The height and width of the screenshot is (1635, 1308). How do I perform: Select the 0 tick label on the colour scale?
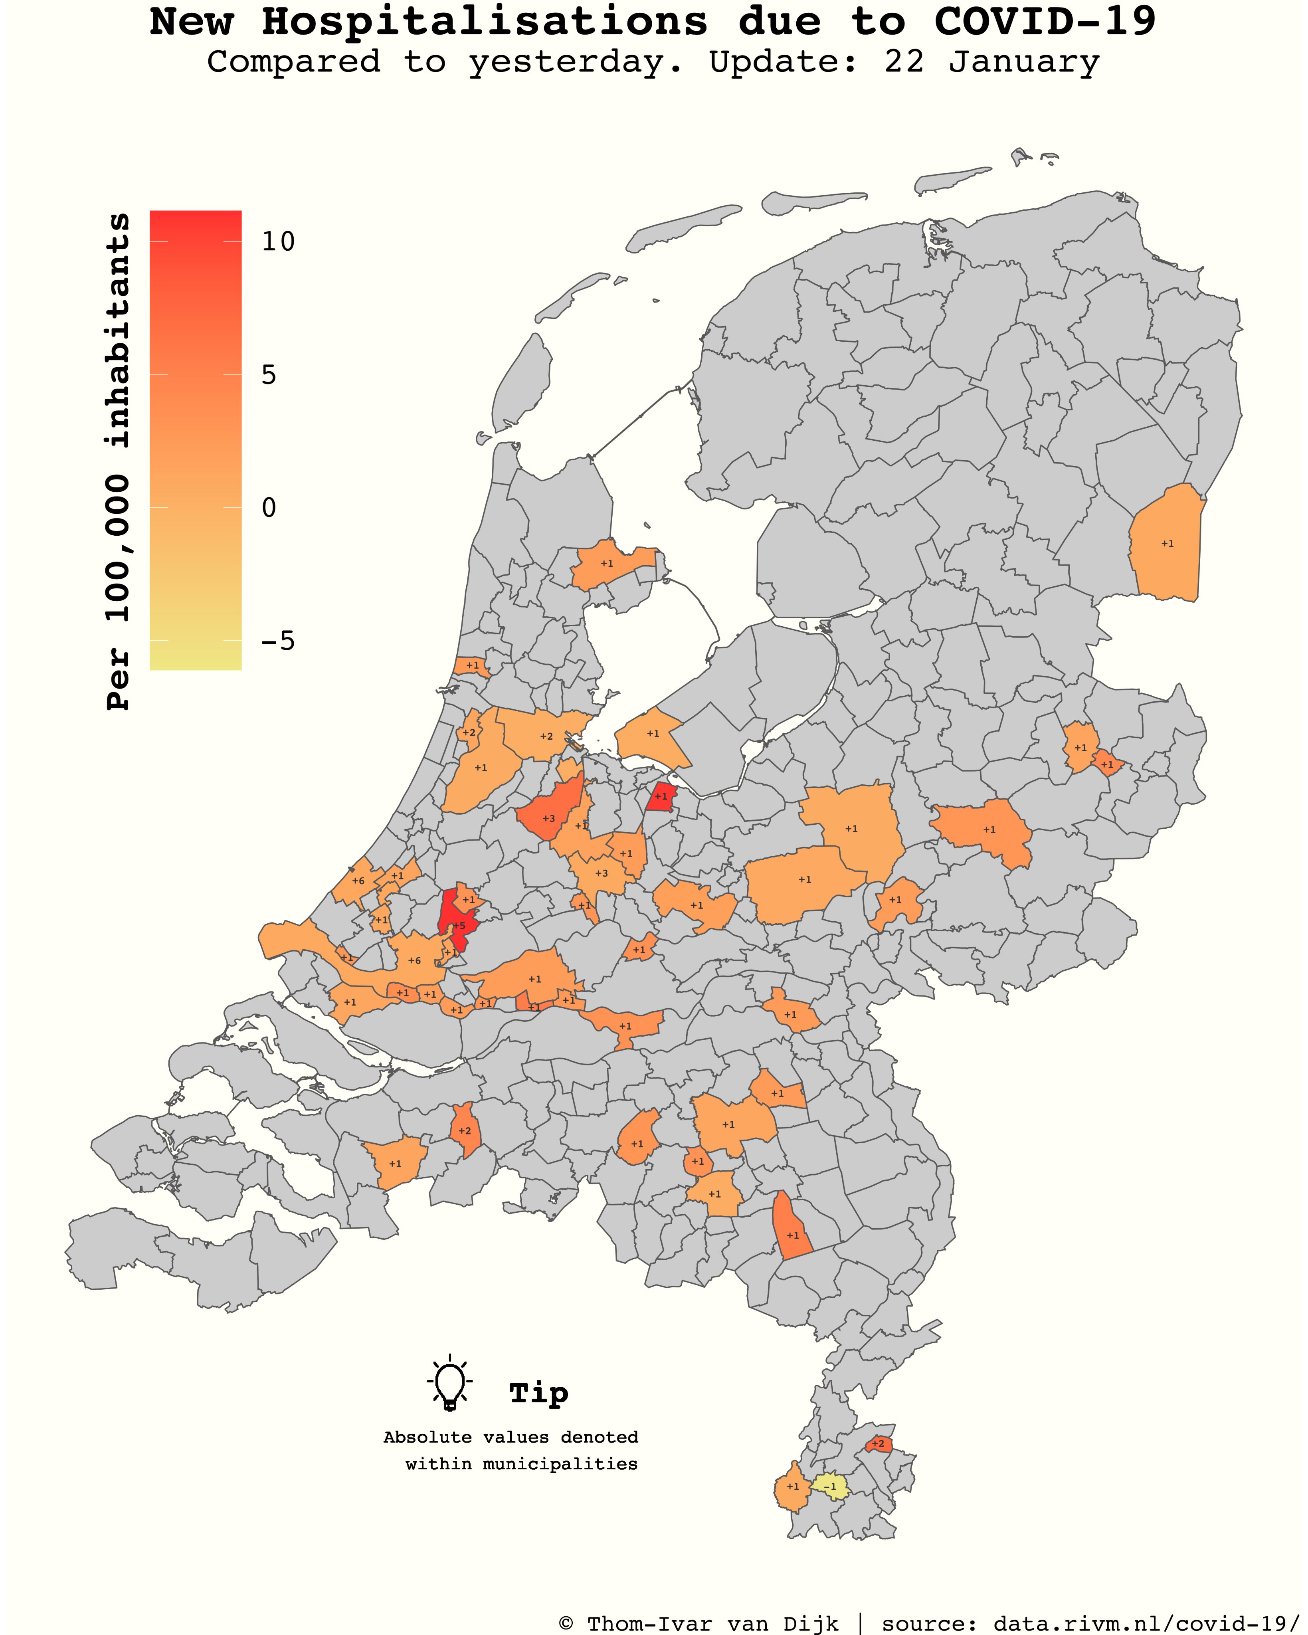269,508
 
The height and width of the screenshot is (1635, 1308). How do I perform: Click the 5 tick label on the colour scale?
269,375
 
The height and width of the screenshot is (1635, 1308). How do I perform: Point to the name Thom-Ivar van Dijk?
713,1624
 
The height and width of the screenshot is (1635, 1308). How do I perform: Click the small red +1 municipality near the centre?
661,797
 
